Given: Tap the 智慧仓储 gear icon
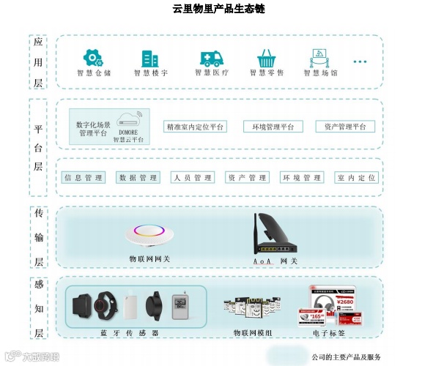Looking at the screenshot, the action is tap(93, 58).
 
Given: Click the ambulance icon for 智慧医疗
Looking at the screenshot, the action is tap(211, 59).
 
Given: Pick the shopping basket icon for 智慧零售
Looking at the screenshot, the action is tap(266, 59).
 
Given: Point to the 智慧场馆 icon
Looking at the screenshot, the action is tap(319, 58).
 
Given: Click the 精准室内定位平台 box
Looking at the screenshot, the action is tap(195, 127).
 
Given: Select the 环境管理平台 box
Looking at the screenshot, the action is tap(268, 127).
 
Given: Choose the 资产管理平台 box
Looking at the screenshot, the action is tap(345, 127).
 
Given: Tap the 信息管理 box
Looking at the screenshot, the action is tap(84, 178).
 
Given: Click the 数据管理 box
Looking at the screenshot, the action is tap(138, 178).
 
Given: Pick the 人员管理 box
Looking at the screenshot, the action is tap(193, 178).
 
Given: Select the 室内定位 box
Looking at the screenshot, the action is tap(357, 178).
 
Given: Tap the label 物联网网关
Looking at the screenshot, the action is tap(149, 259).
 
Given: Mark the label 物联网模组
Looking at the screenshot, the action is tap(252, 333).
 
